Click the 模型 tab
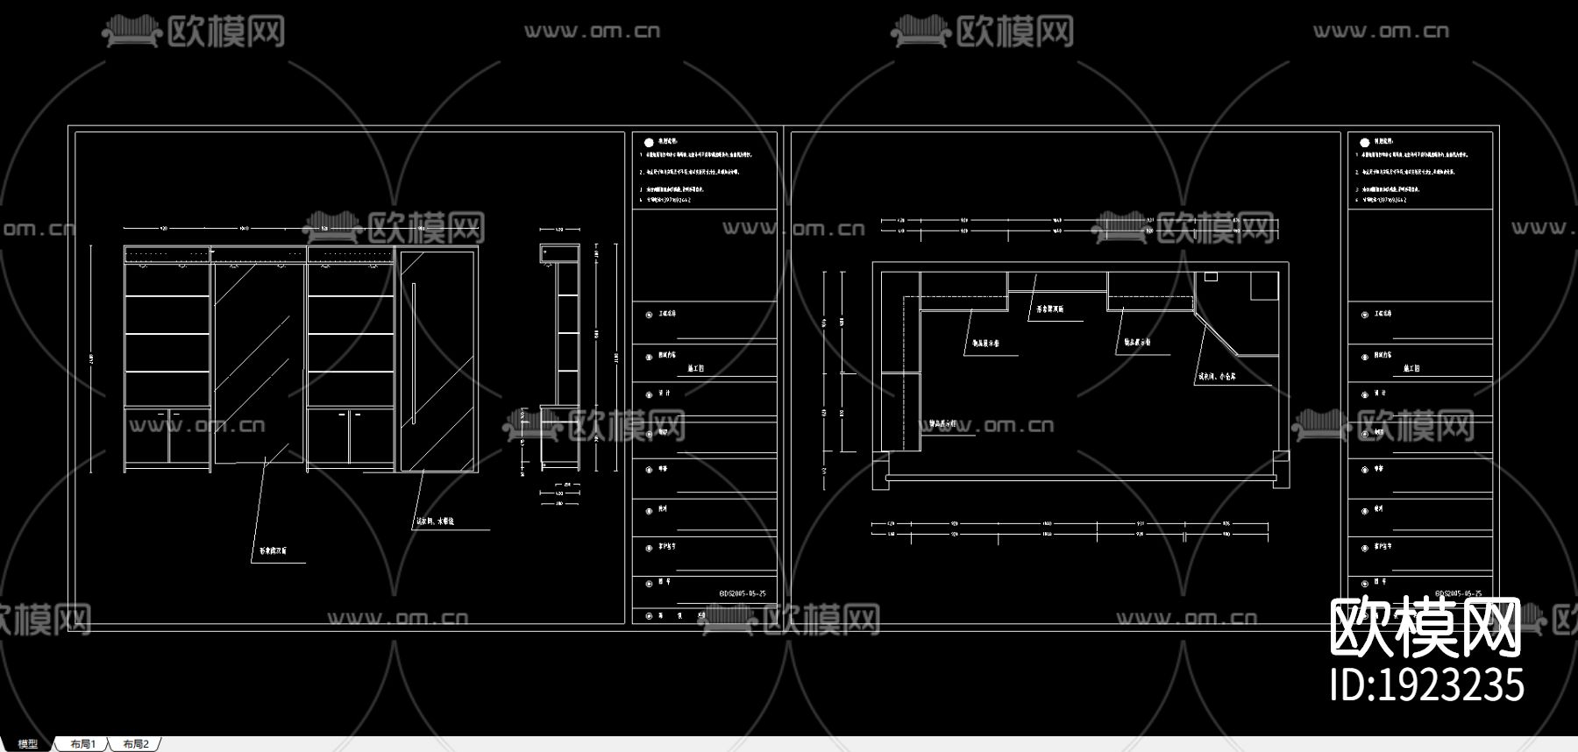coord(27,744)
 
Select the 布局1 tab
coord(82,744)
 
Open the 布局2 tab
coord(136,744)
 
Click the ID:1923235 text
coord(1426,685)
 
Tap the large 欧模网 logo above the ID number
coord(1425,628)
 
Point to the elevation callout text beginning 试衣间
coord(435,521)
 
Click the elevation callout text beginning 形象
coord(273,551)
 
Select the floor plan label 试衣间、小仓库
coord(1217,377)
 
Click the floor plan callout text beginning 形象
coord(1049,309)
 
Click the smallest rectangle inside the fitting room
coord(1211,277)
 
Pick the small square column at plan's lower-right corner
coord(1281,457)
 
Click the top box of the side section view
coord(559,253)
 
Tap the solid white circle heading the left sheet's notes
coord(649,142)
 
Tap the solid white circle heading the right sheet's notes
coord(1364,142)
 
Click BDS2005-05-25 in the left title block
coord(743,593)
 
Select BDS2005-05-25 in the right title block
coord(1459,593)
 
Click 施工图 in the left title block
coord(696,368)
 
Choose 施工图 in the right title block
coord(1411,368)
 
